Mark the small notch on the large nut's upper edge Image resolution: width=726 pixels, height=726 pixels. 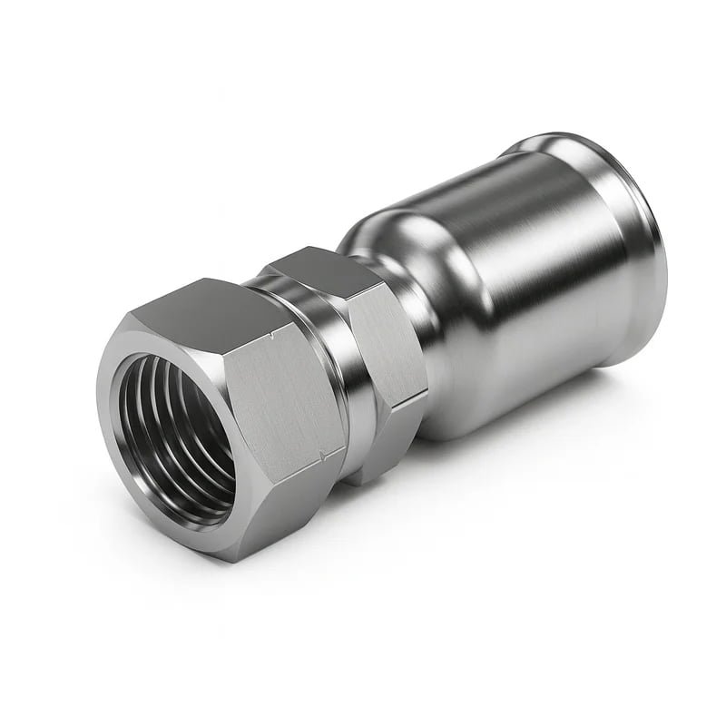click(271, 337)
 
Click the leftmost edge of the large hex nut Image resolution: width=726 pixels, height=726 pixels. click(97, 399)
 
